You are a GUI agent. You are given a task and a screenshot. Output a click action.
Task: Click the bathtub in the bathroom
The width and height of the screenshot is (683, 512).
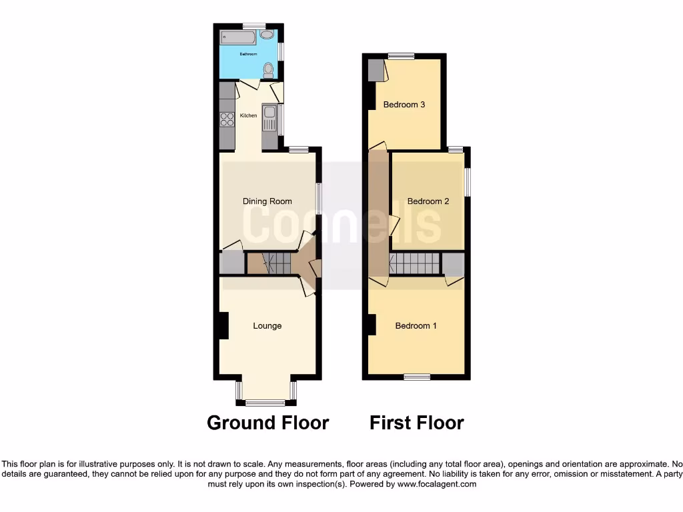pyautogui.click(x=240, y=35)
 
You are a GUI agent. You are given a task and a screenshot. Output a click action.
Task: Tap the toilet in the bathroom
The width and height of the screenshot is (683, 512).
pyautogui.click(x=268, y=69)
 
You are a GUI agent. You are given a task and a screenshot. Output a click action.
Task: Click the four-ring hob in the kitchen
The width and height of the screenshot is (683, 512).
pyautogui.click(x=227, y=119)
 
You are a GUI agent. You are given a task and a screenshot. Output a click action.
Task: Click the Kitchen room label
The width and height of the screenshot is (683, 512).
pyautogui.click(x=248, y=116)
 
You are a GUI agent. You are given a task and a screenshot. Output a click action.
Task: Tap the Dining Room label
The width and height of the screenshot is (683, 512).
pyautogui.click(x=267, y=201)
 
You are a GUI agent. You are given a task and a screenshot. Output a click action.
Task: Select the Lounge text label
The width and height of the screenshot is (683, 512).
pyautogui.click(x=267, y=326)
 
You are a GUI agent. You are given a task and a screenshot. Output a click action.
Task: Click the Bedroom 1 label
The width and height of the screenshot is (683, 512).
pyautogui.click(x=416, y=326)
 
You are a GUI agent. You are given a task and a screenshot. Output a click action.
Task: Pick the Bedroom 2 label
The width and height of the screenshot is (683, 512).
pyautogui.click(x=428, y=201)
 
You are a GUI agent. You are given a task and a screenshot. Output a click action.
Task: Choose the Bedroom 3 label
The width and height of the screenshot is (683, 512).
pyautogui.click(x=404, y=105)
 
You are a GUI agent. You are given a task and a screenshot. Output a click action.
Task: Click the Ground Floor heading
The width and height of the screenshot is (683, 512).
pyautogui.click(x=267, y=423)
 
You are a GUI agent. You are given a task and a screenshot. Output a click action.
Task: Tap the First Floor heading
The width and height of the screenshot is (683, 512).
pyautogui.click(x=417, y=423)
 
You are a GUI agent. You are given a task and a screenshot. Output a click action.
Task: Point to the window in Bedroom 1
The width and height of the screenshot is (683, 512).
pyautogui.click(x=417, y=377)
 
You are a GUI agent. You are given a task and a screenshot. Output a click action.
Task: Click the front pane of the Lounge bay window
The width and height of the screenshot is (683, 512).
pyautogui.click(x=265, y=402)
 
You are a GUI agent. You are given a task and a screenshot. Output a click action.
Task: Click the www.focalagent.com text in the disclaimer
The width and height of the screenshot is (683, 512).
pyautogui.click(x=438, y=485)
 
